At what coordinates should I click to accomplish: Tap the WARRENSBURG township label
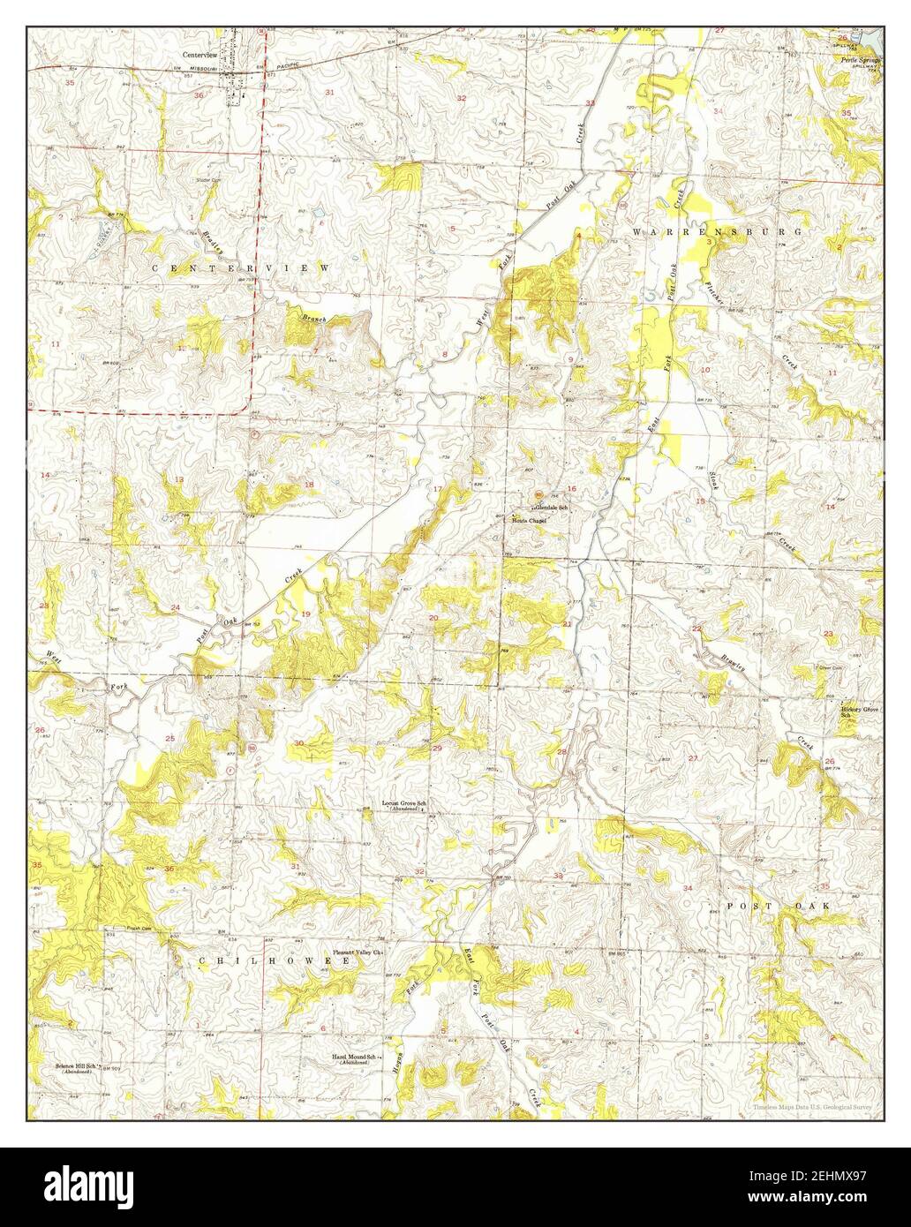[x=717, y=230]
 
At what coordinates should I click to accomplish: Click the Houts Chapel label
[x=530, y=521]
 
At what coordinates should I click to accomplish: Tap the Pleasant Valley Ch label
[x=357, y=952]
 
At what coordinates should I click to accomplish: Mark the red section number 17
[x=436, y=489]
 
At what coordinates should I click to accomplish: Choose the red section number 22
[x=696, y=629]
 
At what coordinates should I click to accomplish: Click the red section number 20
[x=433, y=617]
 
